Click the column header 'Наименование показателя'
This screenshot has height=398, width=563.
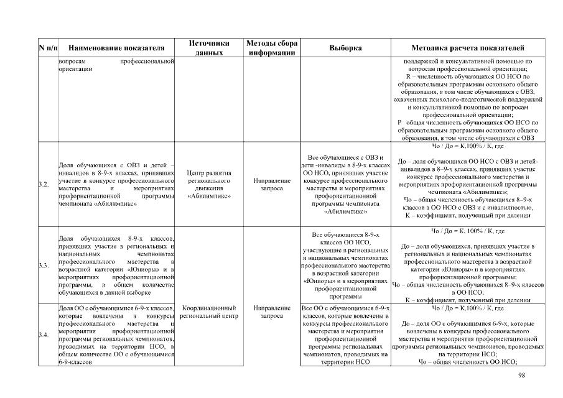pyautogui.click(x=116, y=48)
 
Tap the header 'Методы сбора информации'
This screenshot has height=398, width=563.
pyautogui.click(x=271, y=48)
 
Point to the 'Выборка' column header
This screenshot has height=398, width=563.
pyautogui.click(x=345, y=48)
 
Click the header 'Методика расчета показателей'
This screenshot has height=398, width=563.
pyautogui.click(x=468, y=48)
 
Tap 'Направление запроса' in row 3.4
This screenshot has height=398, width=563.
pyautogui.click(x=271, y=312)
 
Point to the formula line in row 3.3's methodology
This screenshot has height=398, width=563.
pyautogui.click(x=468, y=231)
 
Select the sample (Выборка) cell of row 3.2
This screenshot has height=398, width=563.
pyautogui.click(x=345, y=184)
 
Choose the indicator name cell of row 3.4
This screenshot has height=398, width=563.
pyautogui.click(x=116, y=336)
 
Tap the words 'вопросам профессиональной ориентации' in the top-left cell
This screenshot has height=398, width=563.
pyautogui.click(x=116, y=66)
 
